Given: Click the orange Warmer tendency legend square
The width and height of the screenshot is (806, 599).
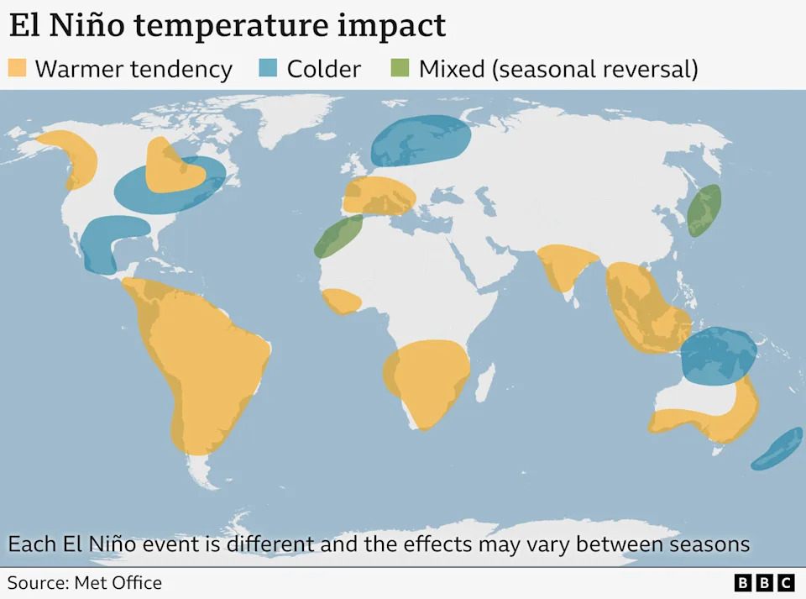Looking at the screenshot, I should [17, 68].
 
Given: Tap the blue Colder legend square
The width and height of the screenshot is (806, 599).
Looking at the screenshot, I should [268, 68].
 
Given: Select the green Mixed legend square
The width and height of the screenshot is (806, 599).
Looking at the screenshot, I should [400, 68].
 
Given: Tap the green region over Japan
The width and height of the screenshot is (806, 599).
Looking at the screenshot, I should [704, 210].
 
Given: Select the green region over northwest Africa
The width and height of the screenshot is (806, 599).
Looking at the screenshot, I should [338, 236].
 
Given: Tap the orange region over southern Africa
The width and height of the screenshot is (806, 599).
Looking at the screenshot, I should [426, 378].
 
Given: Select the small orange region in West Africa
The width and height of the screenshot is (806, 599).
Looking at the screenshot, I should [342, 300].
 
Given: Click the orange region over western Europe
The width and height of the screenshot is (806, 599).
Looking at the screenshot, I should [379, 196].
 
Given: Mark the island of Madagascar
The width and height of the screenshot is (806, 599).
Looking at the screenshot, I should [484, 387].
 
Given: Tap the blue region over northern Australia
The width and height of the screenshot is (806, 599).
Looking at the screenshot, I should [718, 356].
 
